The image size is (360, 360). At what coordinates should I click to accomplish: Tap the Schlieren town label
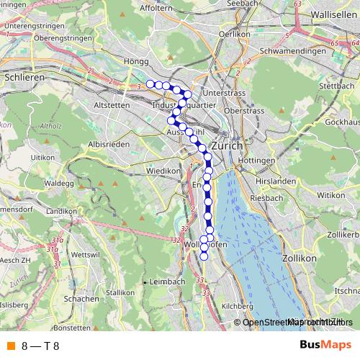pyautogui.click(x=24, y=76)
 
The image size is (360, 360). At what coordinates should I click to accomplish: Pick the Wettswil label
pyautogui.click(x=84, y=255)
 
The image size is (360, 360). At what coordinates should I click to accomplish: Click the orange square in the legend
pyautogui.click(x=10, y=345)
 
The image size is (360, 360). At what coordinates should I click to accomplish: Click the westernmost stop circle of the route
pyautogui.click(x=150, y=84)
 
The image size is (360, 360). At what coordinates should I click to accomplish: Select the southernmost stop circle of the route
pyautogui.click(x=204, y=256)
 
